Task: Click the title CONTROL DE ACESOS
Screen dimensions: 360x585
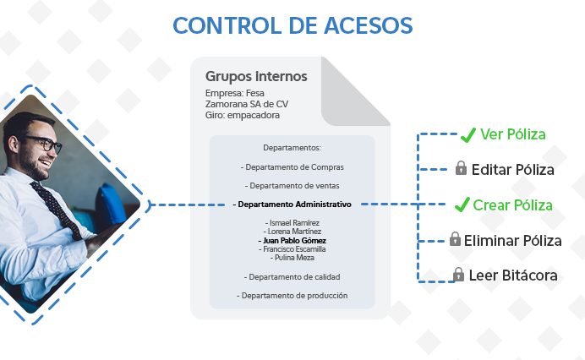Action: (292, 25)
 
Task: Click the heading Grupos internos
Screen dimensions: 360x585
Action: (256, 77)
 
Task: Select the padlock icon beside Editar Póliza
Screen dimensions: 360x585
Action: (461, 169)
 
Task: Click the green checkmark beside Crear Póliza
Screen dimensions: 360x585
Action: (462, 205)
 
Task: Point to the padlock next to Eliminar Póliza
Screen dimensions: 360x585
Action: (455, 240)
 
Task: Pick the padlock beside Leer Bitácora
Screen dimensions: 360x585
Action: (458, 275)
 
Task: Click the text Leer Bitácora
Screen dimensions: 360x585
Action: (513, 275)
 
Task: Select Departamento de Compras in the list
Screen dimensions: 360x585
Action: (292, 167)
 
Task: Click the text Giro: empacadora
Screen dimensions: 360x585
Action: (242, 115)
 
